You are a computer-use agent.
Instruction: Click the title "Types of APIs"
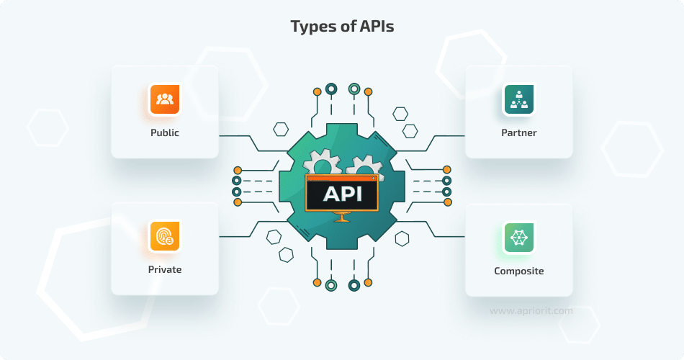click(342, 27)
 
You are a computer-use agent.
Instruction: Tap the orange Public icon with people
click(165, 99)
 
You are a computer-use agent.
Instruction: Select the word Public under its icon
click(165, 133)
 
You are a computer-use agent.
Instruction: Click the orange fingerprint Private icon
click(165, 236)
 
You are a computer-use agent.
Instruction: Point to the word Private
click(165, 270)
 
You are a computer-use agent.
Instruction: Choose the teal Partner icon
click(518, 99)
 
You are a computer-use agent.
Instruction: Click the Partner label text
click(518, 133)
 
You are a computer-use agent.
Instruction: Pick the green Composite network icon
click(518, 237)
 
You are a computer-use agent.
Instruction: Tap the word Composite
click(518, 271)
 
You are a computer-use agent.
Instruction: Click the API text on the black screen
click(341, 194)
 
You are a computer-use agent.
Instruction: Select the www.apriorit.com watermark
click(531, 311)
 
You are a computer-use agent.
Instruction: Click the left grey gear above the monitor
click(321, 164)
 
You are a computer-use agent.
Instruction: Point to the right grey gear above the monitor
click(361, 166)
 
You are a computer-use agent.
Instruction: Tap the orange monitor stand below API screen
click(341, 217)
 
